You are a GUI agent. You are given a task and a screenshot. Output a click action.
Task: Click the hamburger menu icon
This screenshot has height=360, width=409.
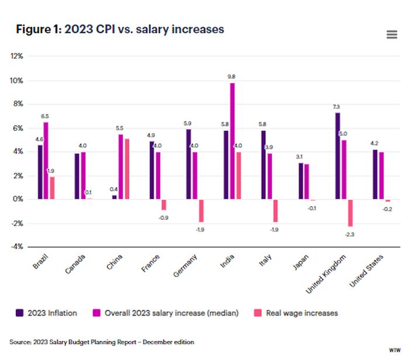pos(391,34)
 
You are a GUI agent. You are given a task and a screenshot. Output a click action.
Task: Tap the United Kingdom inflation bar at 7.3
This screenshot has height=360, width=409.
pos(338,155)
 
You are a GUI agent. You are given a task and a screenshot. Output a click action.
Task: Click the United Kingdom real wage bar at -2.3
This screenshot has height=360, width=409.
pos(349,213)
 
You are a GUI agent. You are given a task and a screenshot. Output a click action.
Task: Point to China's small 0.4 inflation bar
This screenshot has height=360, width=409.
pos(115,197)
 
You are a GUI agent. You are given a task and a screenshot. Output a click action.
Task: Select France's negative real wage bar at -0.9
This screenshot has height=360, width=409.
pos(164,205)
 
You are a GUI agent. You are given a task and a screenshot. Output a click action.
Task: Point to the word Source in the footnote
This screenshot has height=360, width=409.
pos(20,342)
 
